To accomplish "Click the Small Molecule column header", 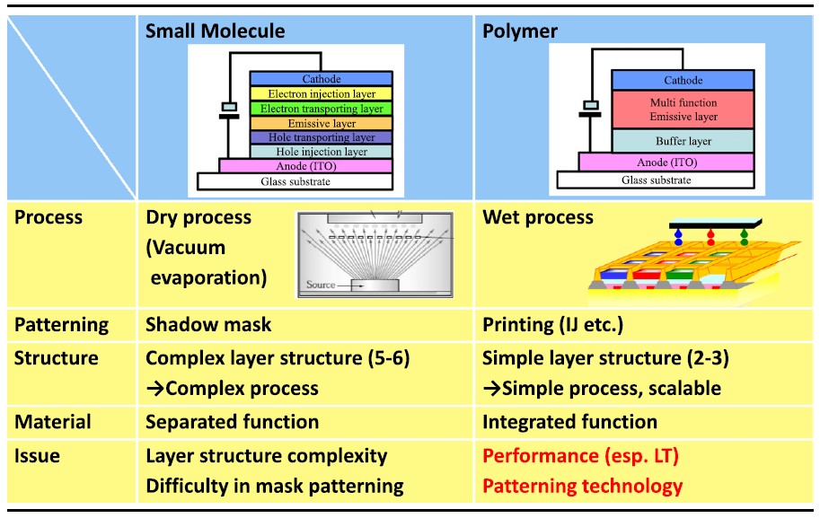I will tap(216, 31).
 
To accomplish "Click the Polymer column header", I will tap(520, 31).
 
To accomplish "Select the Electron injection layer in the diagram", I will tap(320, 93).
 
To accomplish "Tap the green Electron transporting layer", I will tap(320, 109).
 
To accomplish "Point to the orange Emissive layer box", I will tap(320, 123).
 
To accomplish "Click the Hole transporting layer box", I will tap(320, 137).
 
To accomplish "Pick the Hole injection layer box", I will tap(320, 152).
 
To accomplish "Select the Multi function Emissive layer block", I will tap(683, 110).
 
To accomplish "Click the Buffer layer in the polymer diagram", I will tap(683, 141).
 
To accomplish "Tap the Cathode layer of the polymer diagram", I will tap(683, 81).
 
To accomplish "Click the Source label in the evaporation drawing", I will tap(321, 285).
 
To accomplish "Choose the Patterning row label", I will tap(61, 325).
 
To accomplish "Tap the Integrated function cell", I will tap(569, 421).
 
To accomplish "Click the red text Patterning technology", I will tap(582, 486).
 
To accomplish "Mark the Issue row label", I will tap(37, 455).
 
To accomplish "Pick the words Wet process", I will tap(538, 217).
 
